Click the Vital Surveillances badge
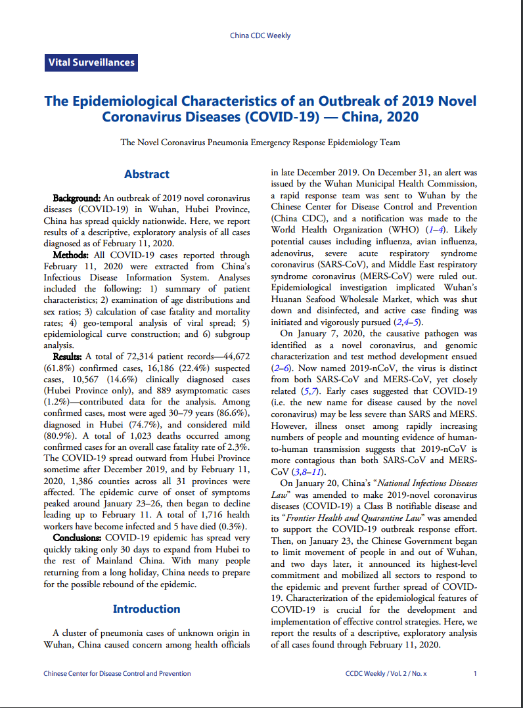tap(91, 63)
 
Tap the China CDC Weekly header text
tap(261, 35)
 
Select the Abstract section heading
tap(147, 174)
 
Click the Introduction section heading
tap(147, 609)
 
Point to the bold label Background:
tap(76, 198)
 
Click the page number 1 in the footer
tap(475, 673)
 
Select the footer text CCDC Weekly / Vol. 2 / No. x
tap(386, 673)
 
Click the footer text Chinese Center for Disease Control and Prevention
tap(117, 673)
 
